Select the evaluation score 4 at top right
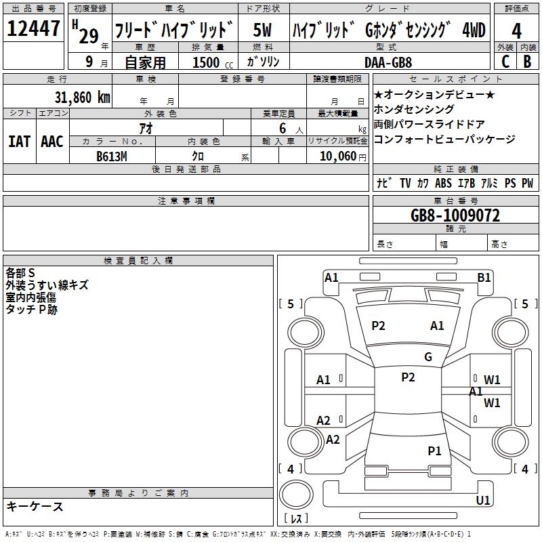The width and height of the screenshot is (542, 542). click(517, 30)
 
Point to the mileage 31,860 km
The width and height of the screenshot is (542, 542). click(82, 98)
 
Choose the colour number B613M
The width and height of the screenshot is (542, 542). click(112, 157)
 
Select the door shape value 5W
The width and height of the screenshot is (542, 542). click(264, 30)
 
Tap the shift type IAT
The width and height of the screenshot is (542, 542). click(19, 141)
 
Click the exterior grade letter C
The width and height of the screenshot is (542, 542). click(505, 62)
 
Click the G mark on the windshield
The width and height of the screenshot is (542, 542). click(428, 357)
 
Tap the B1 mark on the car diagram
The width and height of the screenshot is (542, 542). click(484, 277)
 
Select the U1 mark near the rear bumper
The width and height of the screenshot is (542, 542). click(483, 501)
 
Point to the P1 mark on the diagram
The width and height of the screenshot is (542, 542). click(434, 451)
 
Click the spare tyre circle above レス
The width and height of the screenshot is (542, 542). click(296, 496)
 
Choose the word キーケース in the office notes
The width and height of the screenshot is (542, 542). click(35, 507)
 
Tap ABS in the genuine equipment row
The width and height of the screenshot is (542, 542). click(443, 184)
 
